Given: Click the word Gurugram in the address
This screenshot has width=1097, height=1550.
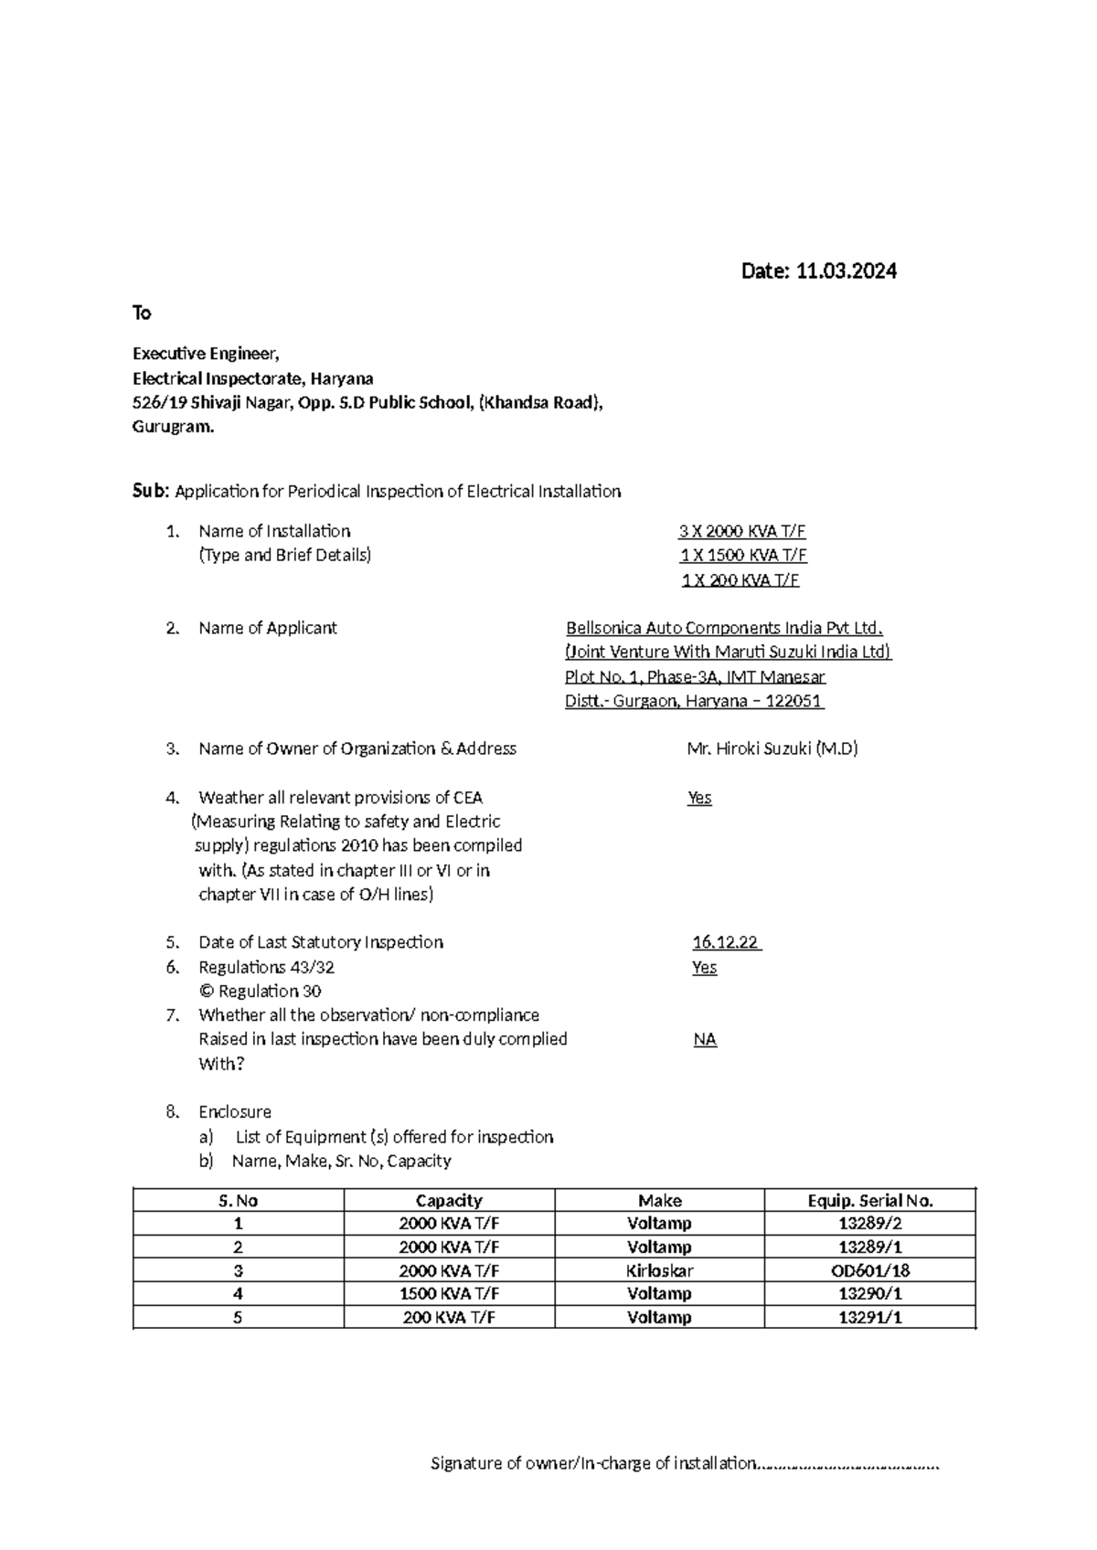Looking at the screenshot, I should (x=173, y=427).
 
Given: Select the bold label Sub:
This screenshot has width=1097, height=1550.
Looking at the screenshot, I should (x=151, y=491).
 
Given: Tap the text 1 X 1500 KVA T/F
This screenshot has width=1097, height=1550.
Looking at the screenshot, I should (x=742, y=556).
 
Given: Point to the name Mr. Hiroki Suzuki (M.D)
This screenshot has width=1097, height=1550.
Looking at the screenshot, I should (x=772, y=748).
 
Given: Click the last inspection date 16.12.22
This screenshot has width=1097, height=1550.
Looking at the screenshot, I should (x=726, y=942).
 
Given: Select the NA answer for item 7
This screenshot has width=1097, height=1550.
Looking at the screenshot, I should (x=705, y=1039).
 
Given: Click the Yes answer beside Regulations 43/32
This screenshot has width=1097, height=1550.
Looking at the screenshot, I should (x=704, y=967).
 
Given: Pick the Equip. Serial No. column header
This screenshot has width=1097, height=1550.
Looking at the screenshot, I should (x=869, y=1200).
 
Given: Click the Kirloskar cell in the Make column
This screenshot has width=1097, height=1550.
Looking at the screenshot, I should (x=659, y=1270).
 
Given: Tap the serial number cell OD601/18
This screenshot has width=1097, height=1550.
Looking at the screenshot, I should (x=869, y=1270).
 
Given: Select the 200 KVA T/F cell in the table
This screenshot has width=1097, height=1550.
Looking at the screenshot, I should (x=449, y=1317).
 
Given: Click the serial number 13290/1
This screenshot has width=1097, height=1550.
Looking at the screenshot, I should (x=869, y=1293).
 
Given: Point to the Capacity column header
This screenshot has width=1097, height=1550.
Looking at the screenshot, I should (x=449, y=1200).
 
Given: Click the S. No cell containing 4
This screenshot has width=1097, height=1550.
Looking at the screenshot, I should (x=238, y=1293).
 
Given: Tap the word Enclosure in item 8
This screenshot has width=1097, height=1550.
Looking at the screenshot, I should (x=234, y=1111).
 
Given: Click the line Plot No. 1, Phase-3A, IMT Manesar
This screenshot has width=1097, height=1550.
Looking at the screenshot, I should (x=695, y=677).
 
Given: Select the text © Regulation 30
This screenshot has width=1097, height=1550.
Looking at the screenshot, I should (x=260, y=991).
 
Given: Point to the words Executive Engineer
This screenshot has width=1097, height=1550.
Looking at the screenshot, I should (x=206, y=354).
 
